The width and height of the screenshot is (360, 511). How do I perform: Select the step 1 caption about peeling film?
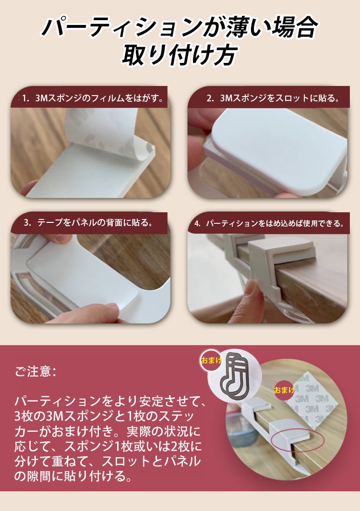pyautogui.click(x=93, y=98)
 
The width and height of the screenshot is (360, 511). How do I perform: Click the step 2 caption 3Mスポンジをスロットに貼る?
pyautogui.click(x=273, y=98)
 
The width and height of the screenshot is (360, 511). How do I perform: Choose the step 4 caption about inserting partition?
pyautogui.click(x=269, y=224)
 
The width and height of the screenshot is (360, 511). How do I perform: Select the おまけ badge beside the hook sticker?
pyautogui.click(x=211, y=360)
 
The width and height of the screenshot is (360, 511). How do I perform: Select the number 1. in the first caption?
pyautogui.click(x=26, y=98)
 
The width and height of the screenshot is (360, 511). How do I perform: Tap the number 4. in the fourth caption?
pyautogui.click(x=197, y=224)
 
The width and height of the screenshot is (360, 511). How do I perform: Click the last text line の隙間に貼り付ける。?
pyautogui.click(x=73, y=476)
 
